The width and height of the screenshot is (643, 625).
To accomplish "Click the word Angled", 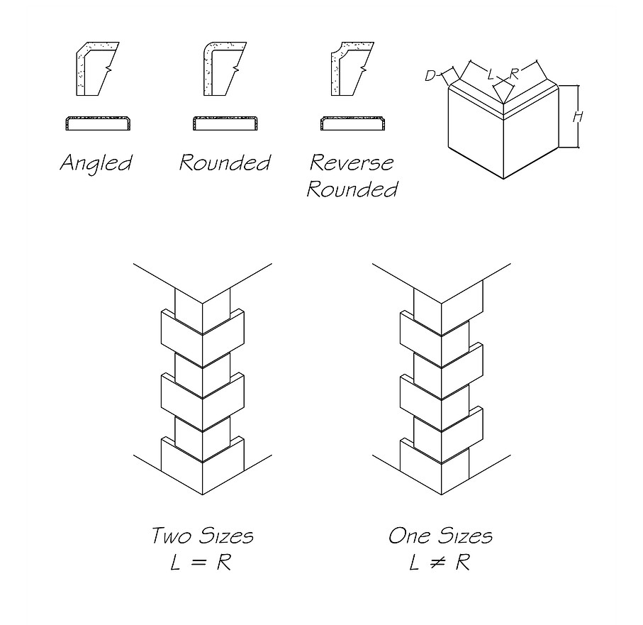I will [x=95, y=163].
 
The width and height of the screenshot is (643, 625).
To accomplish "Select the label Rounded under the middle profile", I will [x=224, y=163].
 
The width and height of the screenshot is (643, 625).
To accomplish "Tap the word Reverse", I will [x=352, y=162].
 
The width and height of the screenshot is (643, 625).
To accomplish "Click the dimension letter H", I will [x=577, y=117].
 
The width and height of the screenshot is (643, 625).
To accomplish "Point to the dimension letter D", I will [x=430, y=76].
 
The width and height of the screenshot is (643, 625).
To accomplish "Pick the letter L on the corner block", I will [x=491, y=73].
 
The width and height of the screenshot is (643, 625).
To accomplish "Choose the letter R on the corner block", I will [x=515, y=73].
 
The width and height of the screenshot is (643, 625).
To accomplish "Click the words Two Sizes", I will [x=202, y=535].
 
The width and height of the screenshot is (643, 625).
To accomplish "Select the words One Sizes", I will [x=440, y=535].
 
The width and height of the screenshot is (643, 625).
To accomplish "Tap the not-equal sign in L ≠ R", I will [x=440, y=563].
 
